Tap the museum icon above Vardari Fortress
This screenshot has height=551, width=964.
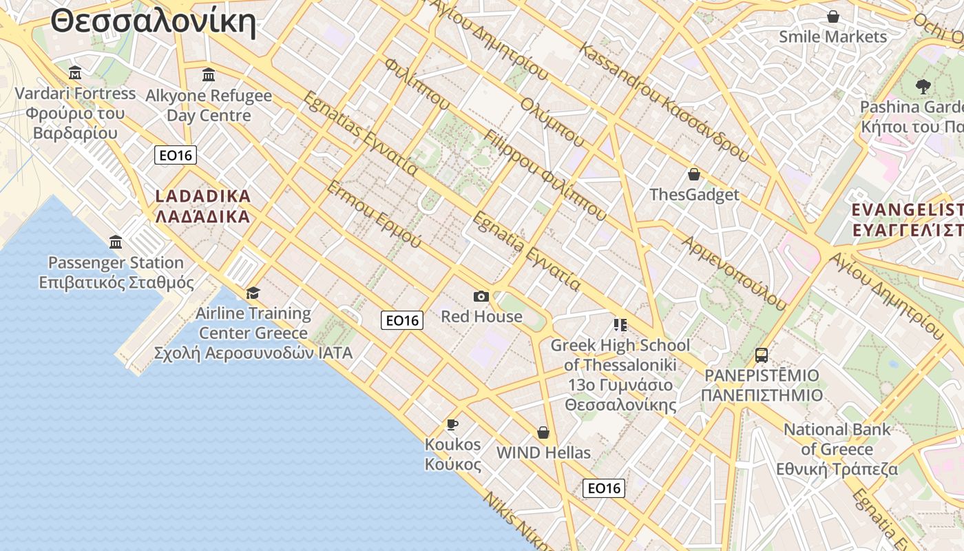tap(75, 73)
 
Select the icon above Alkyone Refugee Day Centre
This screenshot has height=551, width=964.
tap(209, 75)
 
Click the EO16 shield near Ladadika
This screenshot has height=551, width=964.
tap(176, 155)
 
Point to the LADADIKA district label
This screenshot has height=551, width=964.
tap(202, 206)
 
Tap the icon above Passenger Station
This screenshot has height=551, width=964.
tap(116, 242)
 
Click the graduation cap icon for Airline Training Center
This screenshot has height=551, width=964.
tap(253, 293)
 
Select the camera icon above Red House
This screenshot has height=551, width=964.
tap(481, 296)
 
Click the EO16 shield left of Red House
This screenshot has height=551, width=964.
tap(402, 320)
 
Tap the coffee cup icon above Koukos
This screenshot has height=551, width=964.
tap(452, 424)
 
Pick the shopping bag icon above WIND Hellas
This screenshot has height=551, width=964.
tap(543, 433)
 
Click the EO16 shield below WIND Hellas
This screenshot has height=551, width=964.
tap(604, 488)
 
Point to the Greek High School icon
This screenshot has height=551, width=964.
tap(620, 324)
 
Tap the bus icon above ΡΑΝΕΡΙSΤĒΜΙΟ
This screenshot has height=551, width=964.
tap(761, 355)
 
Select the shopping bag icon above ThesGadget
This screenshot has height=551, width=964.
tap(694, 174)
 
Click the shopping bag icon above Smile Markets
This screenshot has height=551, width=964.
tap(833, 17)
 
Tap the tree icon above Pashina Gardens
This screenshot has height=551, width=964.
tap(923, 87)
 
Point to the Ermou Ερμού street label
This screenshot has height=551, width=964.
tap(374, 215)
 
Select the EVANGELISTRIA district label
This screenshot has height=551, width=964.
tap(907, 219)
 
